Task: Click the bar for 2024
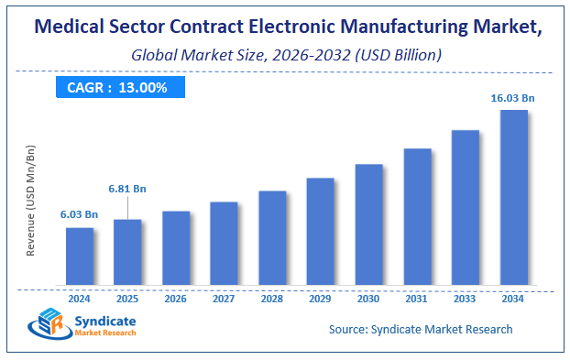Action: [x=80, y=256]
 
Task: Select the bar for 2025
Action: [x=127, y=252]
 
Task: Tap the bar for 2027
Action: [x=225, y=243]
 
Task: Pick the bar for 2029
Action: [x=321, y=231]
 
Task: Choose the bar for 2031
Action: [x=417, y=216]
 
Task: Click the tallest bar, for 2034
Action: [x=513, y=197]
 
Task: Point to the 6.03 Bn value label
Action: [x=80, y=213]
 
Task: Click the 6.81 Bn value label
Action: [x=127, y=189]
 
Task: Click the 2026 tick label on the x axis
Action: [x=176, y=298]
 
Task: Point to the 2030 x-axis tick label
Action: [x=368, y=298]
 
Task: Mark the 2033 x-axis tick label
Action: [x=466, y=298]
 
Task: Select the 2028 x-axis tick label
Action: [x=272, y=298]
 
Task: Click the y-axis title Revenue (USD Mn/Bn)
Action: [x=31, y=200]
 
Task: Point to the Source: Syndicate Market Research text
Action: [x=420, y=329]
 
